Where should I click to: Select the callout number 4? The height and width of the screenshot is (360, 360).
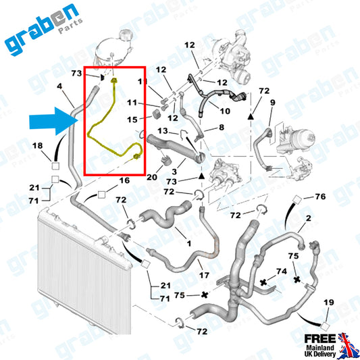pos(59,86)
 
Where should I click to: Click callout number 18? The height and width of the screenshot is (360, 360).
pos(37,146)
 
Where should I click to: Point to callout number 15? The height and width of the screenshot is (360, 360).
pos(132,120)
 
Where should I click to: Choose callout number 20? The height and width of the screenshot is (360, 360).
pos(152,177)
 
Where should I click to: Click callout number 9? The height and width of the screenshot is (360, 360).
pos(272,103)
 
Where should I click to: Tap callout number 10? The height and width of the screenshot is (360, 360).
pos(225,111)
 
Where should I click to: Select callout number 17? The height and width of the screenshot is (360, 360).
pos(204,275)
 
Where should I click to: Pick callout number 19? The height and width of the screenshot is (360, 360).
pos(328,302)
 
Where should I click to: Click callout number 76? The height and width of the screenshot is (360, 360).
pos(320,197)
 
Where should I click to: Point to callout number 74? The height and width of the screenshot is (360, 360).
pos(282,272)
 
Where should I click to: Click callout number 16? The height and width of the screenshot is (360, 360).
pos(124,180)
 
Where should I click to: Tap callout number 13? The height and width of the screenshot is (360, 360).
pos(163,131)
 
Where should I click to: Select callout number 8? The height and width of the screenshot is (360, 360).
pos(222,127)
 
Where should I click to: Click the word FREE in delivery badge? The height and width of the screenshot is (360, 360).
pos(320,338)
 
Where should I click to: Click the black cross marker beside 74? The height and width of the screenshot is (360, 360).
pos(263,282)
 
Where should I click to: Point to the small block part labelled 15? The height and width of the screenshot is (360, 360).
pos(156,115)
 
